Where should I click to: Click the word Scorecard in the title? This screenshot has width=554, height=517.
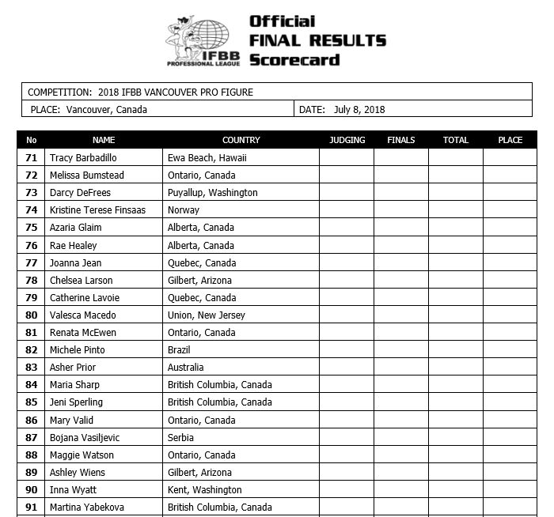click(x=294, y=59)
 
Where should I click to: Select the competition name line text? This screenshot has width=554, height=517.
click(x=141, y=92)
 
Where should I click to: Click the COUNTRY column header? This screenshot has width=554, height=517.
click(x=241, y=140)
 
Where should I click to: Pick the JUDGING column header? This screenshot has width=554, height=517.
click(x=347, y=140)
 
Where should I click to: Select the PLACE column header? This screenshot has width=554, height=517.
click(x=510, y=140)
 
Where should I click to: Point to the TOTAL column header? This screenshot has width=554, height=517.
click(x=456, y=140)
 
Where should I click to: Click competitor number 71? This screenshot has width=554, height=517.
click(x=32, y=158)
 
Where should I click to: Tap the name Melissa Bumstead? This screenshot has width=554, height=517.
click(x=86, y=175)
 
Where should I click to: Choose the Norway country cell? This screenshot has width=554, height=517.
click(x=184, y=210)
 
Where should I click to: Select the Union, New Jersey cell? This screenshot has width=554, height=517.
click(x=207, y=315)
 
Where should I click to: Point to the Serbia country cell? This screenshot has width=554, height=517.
click(x=180, y=437)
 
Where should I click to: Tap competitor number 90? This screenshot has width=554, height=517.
click(x=32, y=490)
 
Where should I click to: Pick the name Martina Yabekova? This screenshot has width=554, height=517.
click(x=86, y=508)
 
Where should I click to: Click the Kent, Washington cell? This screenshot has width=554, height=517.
click(x=205, y=490)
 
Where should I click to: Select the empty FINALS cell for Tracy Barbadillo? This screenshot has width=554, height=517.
click(x=401, y=158)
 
